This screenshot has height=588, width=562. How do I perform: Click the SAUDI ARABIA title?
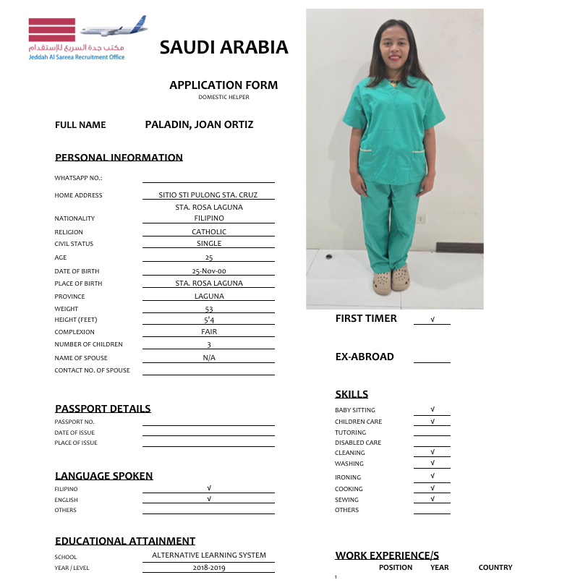click(223, 48)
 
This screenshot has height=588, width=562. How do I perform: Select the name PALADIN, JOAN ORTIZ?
click(199, 124)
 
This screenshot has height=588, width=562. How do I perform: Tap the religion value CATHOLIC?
click(208, 232)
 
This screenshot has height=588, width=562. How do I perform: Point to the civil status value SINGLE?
click(208, 244)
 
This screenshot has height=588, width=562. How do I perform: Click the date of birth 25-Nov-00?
click(208, 271)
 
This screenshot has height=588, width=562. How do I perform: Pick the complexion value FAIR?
click(208, 332)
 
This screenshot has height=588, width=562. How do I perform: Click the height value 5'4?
click(208, 320)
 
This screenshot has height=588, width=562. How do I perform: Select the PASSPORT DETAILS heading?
click(103, 409)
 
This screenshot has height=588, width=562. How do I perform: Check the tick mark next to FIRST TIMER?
click(432, 319)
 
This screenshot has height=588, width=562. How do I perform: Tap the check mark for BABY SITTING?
click(432, 410)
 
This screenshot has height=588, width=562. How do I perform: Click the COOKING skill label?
click(349, 489)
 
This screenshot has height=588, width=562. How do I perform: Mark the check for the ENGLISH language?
click(208, 499)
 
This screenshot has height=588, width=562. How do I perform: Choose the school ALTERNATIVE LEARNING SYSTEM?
click(208, 555)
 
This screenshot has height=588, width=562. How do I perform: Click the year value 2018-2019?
click(208, 568)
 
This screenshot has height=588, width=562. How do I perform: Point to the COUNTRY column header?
click(495, 568)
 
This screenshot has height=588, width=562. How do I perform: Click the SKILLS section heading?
click(352, 394)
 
